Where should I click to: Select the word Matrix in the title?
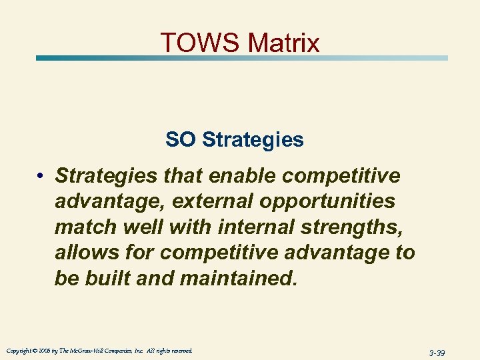[283, 43]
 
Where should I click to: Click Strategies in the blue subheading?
[253, 140]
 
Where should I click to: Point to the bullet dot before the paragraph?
[41, 176]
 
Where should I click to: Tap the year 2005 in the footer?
[45, 351]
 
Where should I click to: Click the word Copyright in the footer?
[19, 351]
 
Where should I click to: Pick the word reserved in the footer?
[181, 351]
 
